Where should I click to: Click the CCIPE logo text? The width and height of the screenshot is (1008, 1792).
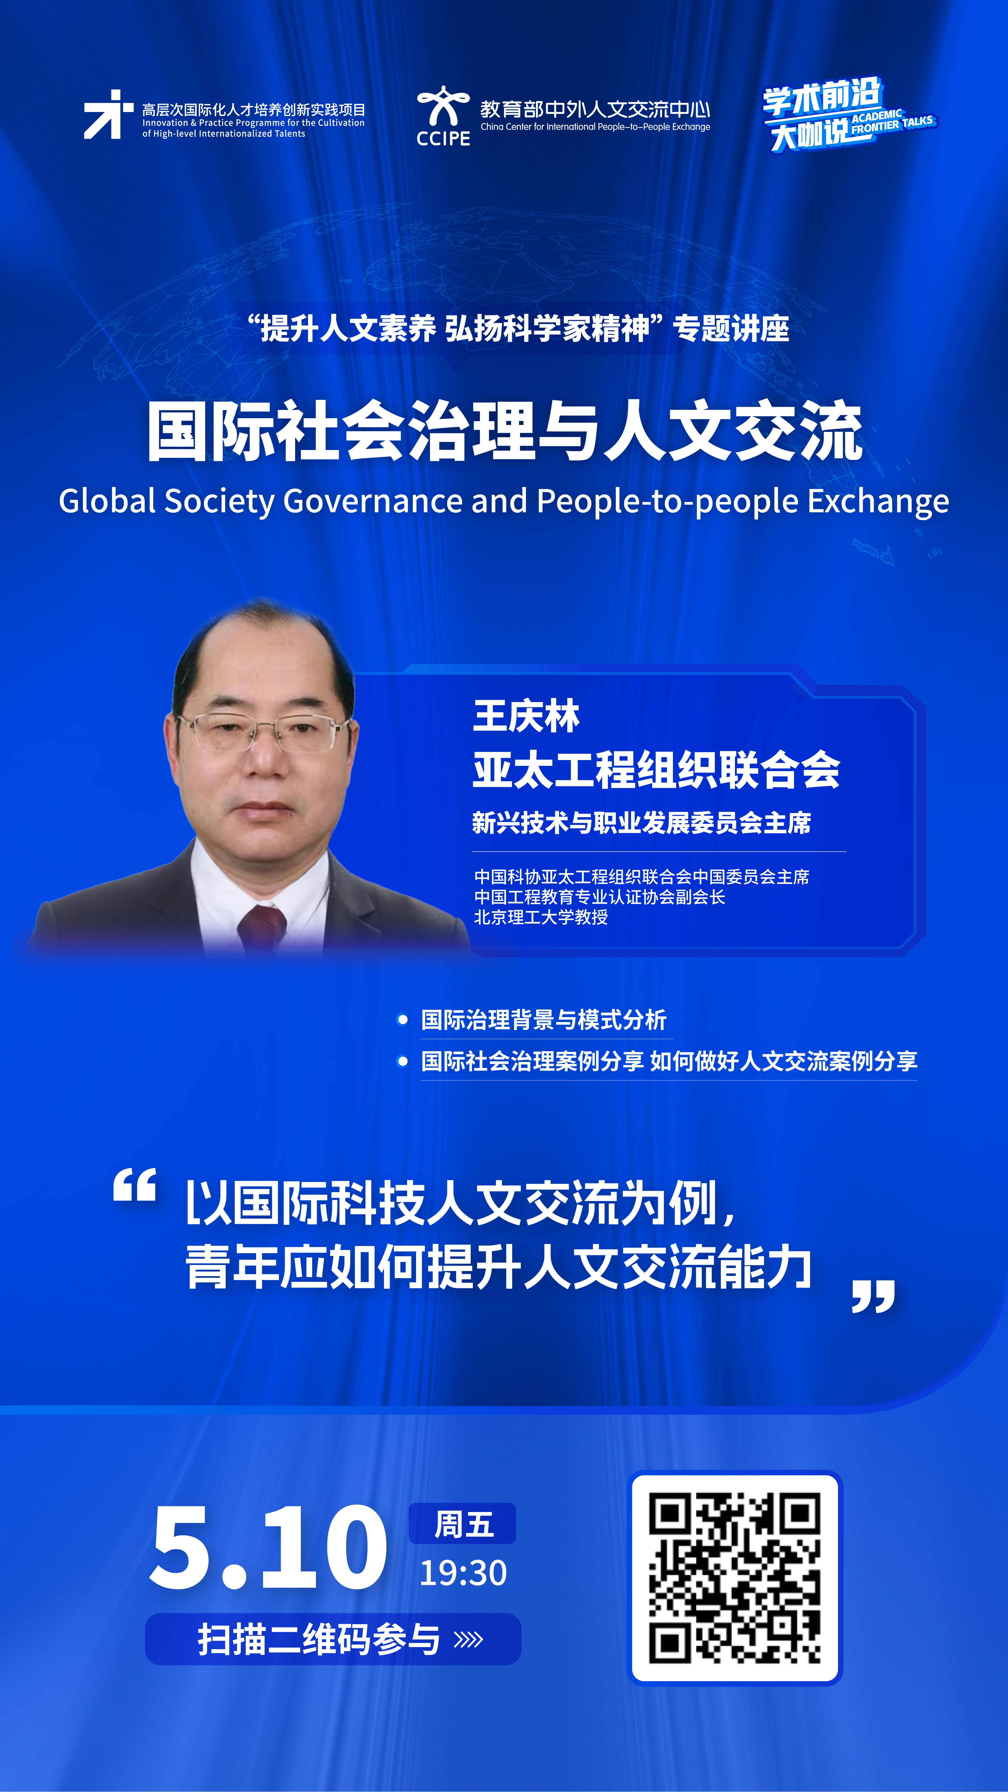coord(443,138)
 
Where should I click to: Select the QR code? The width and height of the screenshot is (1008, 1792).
coord(735,1578)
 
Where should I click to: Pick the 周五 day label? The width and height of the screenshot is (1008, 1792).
coord(463,1525)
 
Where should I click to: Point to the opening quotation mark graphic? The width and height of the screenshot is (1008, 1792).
coord(134,1185)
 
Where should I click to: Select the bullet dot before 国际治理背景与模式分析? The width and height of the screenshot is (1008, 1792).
coord(402,1020)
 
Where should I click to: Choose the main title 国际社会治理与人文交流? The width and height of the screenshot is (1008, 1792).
coord(504,431)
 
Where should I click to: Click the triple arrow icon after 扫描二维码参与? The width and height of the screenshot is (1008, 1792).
coord(468,1640)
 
